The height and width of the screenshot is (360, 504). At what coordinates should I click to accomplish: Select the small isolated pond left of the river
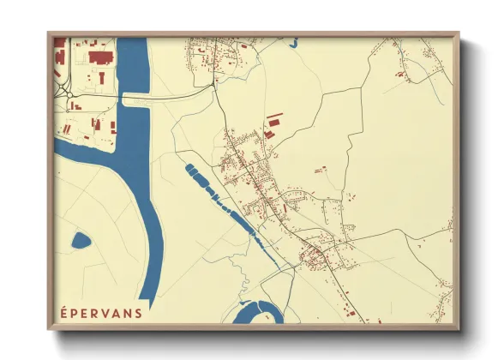click(x=81, y=240)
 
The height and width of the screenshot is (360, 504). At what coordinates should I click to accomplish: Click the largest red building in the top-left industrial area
click(x=100, y=57)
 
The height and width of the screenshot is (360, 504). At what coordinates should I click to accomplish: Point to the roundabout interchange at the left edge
click(x=60, y=86)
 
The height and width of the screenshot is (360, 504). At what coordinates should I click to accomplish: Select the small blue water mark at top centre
click(x=293, y=41)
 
